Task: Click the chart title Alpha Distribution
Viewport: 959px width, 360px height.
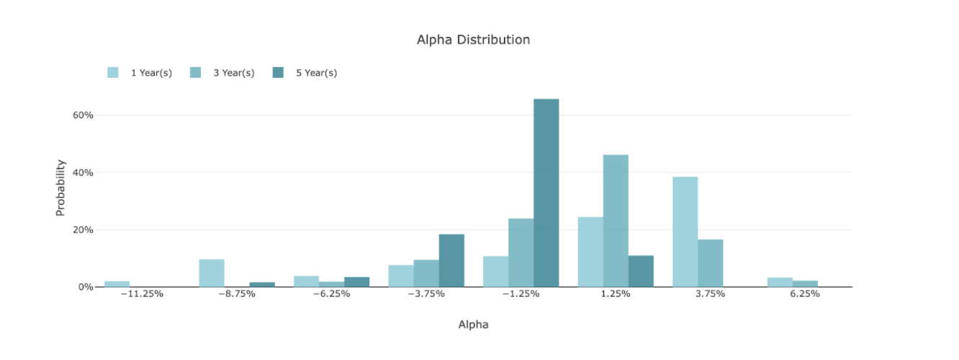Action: pos(473,40)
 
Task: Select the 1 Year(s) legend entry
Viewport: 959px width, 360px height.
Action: pos(150,73)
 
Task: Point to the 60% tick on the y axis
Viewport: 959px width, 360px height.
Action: pos(83,115)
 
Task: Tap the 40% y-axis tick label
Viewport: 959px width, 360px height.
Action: pos(83,173)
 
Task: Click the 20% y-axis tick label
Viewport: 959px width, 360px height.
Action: pos(83,230)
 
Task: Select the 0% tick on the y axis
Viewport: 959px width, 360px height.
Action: pos(86,287)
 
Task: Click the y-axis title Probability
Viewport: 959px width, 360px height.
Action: pos(60,187)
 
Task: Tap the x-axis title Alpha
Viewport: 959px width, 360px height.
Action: pos(473,325)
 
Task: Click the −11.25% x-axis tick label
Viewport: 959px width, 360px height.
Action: pos(142,294)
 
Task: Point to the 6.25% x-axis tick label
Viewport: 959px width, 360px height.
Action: pos(804,294)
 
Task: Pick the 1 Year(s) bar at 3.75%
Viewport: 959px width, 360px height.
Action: pos(685,232)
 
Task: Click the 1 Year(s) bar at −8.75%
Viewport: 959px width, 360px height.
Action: pos(212,273)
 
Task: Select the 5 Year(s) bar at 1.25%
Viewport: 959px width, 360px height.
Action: pos(641,271)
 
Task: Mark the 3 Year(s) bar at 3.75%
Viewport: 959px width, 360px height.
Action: pos(710,264)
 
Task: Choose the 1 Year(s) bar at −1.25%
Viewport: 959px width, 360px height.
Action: pos(495,271)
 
